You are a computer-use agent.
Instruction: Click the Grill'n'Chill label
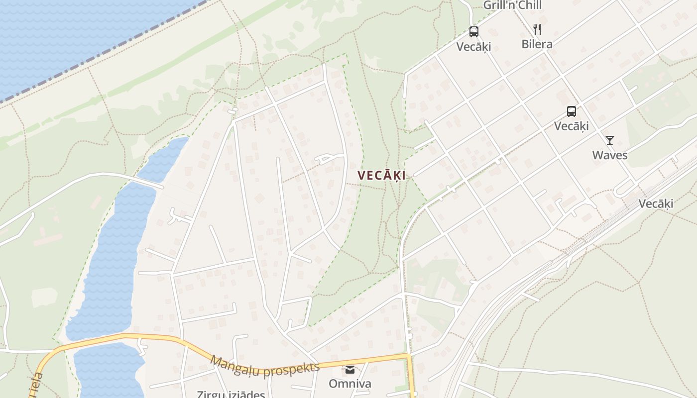coord(512,5)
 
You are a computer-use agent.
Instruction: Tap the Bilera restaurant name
coord(537,44)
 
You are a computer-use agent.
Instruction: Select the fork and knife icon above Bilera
coord(537,29)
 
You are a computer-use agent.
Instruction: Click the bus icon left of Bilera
coord(473,32)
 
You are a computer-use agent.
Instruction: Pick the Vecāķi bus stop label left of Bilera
coord(473,46)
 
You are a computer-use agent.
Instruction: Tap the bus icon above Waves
coord(571,111)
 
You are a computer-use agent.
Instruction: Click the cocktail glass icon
coord(609,140)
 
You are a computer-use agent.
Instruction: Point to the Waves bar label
coord(609,155)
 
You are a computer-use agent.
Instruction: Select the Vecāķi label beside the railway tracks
coord(656,203)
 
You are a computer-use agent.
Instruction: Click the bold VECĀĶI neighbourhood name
coord(381,176)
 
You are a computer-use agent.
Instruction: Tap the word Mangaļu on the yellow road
coord(235,366)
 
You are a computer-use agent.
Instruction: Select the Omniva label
coord(349,384)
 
